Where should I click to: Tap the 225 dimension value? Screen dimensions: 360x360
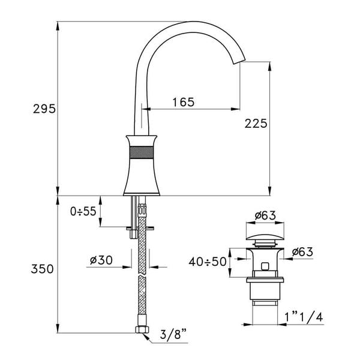click(256, 124)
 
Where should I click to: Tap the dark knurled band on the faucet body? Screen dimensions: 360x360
click(143, 150)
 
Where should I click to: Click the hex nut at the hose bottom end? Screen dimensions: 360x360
click(143, 330)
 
